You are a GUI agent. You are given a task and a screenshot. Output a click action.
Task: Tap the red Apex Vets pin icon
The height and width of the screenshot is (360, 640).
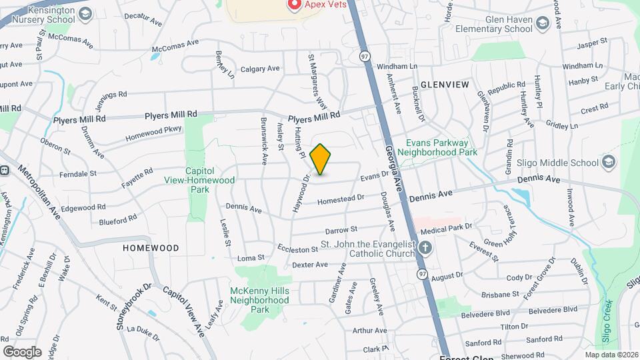(293, 5)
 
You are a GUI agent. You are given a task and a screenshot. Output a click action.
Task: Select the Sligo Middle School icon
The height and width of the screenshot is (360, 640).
(607, 162)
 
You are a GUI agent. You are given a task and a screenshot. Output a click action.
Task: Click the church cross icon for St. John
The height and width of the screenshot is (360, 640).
(425, 249)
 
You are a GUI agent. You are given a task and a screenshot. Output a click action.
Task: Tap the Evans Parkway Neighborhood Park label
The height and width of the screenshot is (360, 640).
(439, 147)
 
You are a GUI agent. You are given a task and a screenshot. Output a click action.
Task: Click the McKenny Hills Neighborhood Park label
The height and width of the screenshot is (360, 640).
(259, 300)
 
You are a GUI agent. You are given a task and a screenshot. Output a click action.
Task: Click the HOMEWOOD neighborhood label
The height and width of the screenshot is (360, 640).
(151, 247)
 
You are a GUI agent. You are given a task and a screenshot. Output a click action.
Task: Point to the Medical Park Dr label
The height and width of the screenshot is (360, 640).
(446, 228)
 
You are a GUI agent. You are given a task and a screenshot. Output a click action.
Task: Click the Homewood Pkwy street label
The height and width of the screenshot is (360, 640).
(153, 134)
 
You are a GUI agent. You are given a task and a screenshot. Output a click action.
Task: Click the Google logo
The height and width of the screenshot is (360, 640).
(22, 351)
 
